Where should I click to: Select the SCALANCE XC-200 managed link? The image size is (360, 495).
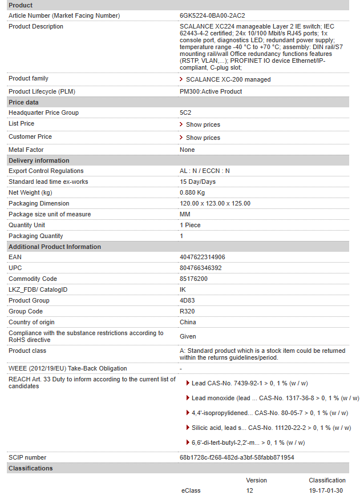228,79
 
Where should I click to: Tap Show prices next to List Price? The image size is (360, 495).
203,124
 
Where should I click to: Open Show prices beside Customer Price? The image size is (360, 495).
203,138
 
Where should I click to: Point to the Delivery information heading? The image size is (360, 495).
39,160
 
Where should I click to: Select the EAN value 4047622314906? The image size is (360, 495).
202,257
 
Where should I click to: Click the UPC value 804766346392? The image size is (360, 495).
200,268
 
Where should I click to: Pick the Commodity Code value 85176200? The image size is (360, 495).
193,279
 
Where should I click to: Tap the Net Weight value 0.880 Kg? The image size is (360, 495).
192,192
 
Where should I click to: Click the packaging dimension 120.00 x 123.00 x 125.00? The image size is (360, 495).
215,203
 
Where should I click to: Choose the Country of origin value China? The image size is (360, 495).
188,322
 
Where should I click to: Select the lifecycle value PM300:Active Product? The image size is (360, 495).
211,91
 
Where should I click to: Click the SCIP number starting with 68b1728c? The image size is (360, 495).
237,457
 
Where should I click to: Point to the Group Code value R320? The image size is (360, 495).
187,311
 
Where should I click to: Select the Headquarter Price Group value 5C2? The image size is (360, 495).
185,112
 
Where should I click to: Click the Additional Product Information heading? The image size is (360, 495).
55,247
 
